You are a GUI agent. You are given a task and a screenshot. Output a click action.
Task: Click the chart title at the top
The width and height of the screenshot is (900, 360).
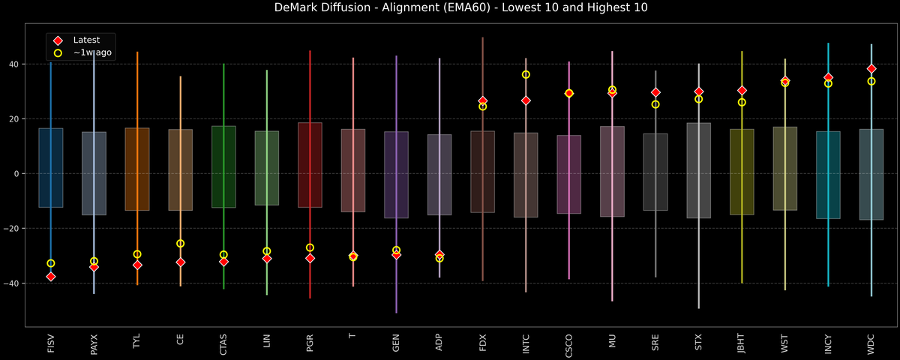(x=450, y=8)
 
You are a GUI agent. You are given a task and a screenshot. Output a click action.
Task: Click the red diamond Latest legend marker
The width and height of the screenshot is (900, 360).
(x=58, y=40)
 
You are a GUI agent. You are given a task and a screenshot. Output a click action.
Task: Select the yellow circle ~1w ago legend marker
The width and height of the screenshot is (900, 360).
(x=58, y=52)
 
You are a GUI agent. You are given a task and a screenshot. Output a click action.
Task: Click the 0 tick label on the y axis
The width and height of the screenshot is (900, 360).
(x=16, y=173)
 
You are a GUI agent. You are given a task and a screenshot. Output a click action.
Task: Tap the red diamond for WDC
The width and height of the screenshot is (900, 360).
(x=871, y=68)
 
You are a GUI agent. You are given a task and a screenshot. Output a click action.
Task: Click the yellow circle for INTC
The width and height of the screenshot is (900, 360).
(x=526, y=74)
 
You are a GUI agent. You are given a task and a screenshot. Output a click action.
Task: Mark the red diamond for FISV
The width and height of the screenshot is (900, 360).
(x=51, y=277)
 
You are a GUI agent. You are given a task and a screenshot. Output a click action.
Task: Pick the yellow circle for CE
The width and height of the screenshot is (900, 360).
(x=180, y=244)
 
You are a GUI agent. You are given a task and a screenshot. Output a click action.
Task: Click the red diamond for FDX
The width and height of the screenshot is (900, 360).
(x=483, y=100)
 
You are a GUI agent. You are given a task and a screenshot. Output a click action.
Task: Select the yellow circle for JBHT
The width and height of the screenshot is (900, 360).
(x=742, y=102)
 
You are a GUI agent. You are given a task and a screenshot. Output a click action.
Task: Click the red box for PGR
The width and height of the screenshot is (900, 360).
(x=310, y=165)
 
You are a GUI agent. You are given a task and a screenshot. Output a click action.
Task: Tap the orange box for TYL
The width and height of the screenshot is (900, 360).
(x=137, y=169)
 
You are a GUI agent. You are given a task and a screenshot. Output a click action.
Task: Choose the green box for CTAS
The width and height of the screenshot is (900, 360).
(x=223, y=166)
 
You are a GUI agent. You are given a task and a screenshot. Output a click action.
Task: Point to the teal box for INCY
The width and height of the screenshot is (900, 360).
(x=828, y=175)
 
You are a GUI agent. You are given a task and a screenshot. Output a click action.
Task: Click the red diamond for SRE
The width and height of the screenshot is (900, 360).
(x=655, y=92)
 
